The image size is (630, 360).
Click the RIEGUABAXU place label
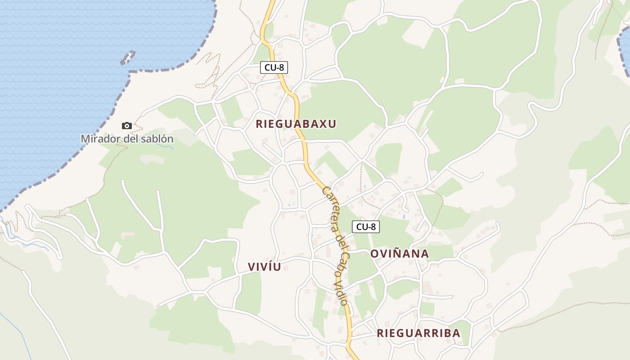(x=296, y=124)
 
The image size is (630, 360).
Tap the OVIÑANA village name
(x=399, y=254)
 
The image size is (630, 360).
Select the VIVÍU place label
(x=264, y=267)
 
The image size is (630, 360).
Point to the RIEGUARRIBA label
(x=418, y=333)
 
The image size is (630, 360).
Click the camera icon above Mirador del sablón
(x=127, y=126)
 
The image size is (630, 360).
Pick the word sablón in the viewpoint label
(x=156, y=139)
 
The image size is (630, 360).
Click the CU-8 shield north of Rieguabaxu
(x=274, y=67)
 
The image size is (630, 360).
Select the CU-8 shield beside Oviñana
(x=365, y=227)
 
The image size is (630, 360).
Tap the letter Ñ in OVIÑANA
(x=399, y=253)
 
